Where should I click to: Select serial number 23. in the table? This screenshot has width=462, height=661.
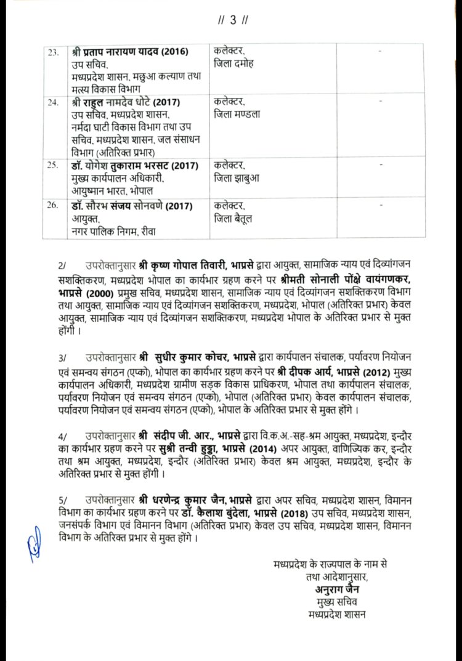click(x=53, y=51)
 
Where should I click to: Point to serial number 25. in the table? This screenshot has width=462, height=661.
click(x=53, y=166)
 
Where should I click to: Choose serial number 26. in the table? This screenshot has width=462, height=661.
click(x=53, y=206)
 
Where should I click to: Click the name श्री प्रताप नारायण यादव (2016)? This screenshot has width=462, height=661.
click(x=129, y=51)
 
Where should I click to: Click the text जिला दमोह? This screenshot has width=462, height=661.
click(x=232, y=63)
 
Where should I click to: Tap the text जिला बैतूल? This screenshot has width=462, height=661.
click(x=232, y=219)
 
